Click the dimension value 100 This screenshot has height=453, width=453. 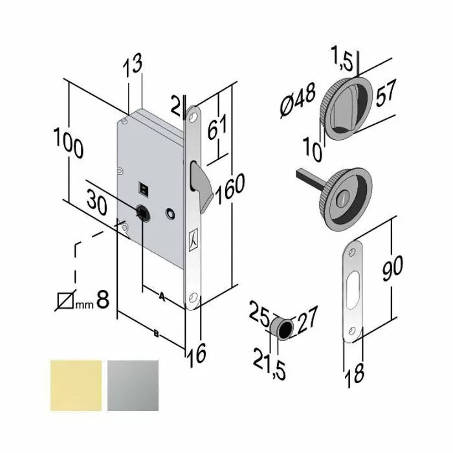coord(69,144)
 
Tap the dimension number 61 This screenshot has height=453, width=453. coord(217,125)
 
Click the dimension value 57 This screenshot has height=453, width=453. coord(384,94)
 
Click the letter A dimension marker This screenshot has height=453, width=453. coord(162,298)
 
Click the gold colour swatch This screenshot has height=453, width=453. coord(76,386)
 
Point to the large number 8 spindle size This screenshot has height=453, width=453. coord(102,300)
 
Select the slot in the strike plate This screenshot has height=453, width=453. coord(352,289)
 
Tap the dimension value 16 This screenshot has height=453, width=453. coord(197,353)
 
